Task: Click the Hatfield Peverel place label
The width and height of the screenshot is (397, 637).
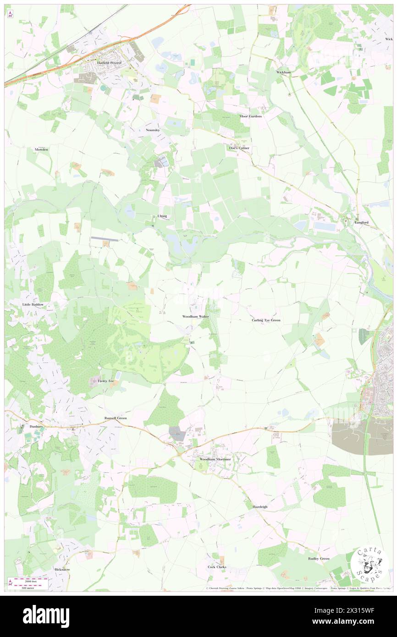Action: coord(108,62)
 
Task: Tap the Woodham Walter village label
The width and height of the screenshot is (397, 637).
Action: coord(196,317)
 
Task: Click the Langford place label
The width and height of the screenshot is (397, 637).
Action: coord(361,222)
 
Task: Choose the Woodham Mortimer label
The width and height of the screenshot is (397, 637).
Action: coord(215,459)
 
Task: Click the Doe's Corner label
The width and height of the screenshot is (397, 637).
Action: coord(239,148)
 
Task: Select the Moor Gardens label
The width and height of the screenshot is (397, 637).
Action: coord(251,116)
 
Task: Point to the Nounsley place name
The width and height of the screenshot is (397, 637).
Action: coord(153,130)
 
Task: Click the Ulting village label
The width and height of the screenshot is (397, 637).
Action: coord(162,216)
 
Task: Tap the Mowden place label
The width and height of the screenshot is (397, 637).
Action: coord(41,149)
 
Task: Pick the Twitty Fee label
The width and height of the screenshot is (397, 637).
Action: coord(105,381)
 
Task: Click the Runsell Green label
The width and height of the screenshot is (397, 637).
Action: coord(115,418)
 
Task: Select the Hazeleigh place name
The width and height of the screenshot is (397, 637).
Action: coord(260,507)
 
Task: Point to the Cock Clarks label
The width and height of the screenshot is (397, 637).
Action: coord(217,567)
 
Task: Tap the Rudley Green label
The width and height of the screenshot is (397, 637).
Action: coord(319,559)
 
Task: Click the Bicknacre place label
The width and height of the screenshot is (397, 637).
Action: coord(62,569)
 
